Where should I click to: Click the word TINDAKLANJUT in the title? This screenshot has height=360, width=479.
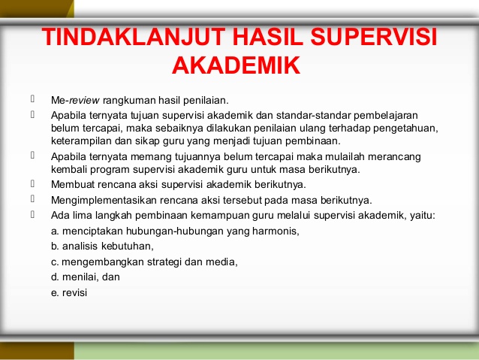point(134,37)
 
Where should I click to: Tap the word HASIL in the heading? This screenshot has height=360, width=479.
point(267,37)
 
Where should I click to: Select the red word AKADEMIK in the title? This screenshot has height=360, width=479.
point(236,65)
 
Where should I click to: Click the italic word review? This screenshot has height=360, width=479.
point(84,100)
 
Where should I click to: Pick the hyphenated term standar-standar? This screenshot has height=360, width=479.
point(313,115)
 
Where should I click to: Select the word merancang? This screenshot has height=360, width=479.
point(394,157)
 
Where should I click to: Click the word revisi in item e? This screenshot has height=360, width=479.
point(74,292)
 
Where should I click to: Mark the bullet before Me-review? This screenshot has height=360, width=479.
point(33,98)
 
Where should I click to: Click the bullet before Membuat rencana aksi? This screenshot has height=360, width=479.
point(33,183)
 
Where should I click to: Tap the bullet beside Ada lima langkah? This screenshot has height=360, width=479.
point(33,214)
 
